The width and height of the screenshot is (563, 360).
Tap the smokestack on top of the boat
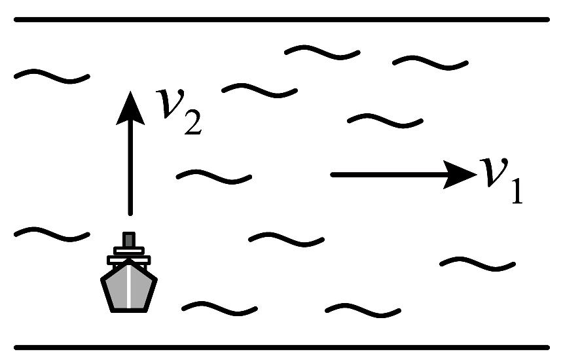click(129, 240)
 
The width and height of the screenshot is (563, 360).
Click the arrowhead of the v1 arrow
click(458, 174)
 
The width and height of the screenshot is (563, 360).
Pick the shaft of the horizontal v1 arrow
click(386, 174)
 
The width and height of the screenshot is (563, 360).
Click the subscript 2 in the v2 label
click(191, 124)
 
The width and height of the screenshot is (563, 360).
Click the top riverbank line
click(281, 20)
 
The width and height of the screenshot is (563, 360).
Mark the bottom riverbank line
click(281, 346)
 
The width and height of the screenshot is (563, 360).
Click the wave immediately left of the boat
click(51, 233)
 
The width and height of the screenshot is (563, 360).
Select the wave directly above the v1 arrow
click(385, 120)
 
